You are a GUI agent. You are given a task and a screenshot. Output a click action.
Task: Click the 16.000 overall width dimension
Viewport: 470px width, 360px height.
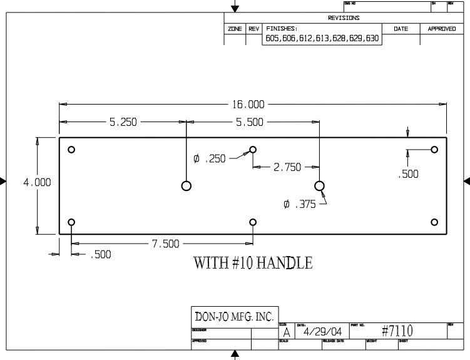pyautogui.click(x=249, y=104)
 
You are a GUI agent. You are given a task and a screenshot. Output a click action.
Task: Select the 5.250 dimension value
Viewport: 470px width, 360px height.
pyautogui.click(x=123, y=123)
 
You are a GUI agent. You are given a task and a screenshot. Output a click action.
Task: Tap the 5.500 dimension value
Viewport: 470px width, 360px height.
pyautogui.click(x=250, y=123)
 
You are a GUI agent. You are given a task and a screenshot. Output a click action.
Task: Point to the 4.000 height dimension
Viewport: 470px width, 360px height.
pyautogui.click(x=20, y=182)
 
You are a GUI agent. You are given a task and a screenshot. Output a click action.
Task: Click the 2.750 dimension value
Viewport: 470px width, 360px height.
pyautogui.click(x=287, y=167)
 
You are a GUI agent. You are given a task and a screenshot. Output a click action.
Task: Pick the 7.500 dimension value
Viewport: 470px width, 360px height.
pyautogui.click(x=165, y=244)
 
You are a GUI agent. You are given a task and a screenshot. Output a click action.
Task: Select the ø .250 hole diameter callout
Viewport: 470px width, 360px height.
pyautogui.click(x=210, y=159)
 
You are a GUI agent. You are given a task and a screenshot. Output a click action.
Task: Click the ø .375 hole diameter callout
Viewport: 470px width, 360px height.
pyautogui.click(x=300, y=204)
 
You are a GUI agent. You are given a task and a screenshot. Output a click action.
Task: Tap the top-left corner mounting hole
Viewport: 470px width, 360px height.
pyautogui.click(x=72, y=150)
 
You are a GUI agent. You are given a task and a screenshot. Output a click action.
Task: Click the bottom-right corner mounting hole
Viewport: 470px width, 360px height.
pyautogui.click(x=434, y=222)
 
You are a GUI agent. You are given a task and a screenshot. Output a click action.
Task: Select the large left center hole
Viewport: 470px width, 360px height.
pyautogui.click(x=186, y=185)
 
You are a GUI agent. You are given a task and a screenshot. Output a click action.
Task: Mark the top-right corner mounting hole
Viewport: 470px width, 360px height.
pyautogui.click(x=434, y=150)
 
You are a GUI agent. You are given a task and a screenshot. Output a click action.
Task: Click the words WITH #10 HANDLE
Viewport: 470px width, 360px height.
pyautogui.click(x=253, y=263)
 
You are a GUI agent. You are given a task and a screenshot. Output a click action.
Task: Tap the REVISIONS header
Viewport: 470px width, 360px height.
pyautogui.click(x=344, y=18)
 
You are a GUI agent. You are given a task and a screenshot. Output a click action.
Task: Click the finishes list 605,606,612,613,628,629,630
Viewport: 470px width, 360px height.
pyautogui.click(x=322, y=39)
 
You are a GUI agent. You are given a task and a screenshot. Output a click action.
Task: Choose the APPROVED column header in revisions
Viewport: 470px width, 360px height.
pyautogui.click(x=442, y=29)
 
